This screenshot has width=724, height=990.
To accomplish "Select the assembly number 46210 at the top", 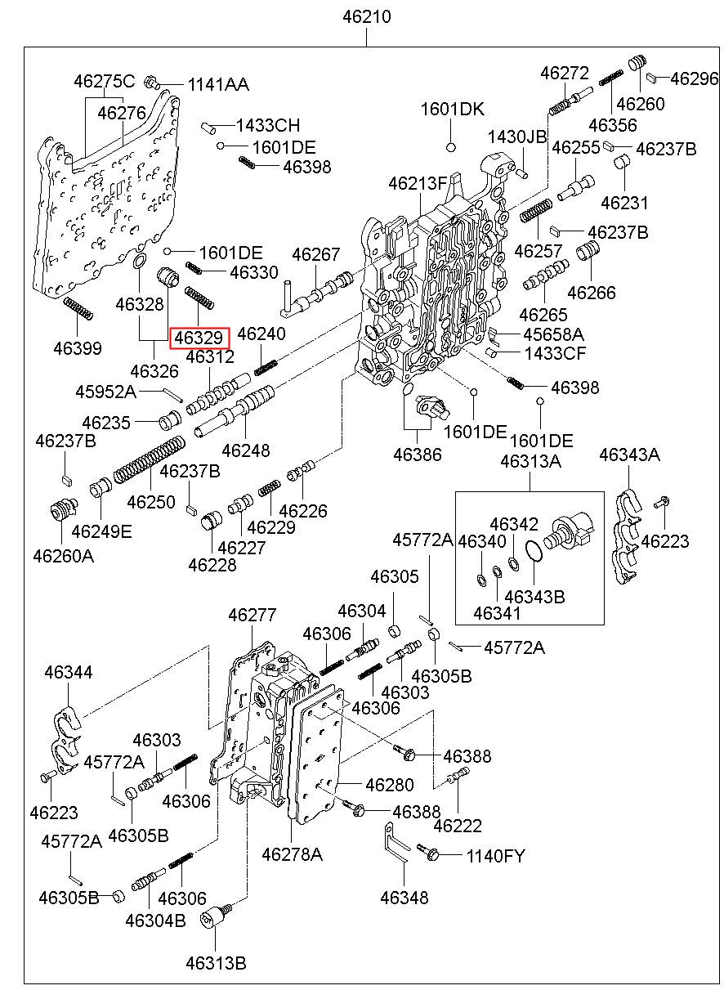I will [365, 16].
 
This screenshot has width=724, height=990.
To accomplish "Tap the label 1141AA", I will [218, 85].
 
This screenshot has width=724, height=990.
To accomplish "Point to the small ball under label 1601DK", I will [449, 147].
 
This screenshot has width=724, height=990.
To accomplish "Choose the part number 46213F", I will [418, 183].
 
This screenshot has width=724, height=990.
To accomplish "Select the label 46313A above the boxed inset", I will [530, 462].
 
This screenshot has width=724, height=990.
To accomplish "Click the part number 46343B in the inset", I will [534, 596].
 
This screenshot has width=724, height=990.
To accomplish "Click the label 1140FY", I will [495, 856].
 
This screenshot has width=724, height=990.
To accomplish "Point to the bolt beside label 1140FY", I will [430, 853].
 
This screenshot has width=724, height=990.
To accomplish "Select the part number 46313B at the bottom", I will [215, 963].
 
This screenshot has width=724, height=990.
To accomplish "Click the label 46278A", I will [292, 855].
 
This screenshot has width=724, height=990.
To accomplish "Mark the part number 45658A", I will [553, 334].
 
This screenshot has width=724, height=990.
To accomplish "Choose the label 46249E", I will [101, 531].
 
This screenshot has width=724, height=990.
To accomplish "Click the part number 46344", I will [69, 672].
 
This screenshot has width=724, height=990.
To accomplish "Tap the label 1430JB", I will [517, 137].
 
